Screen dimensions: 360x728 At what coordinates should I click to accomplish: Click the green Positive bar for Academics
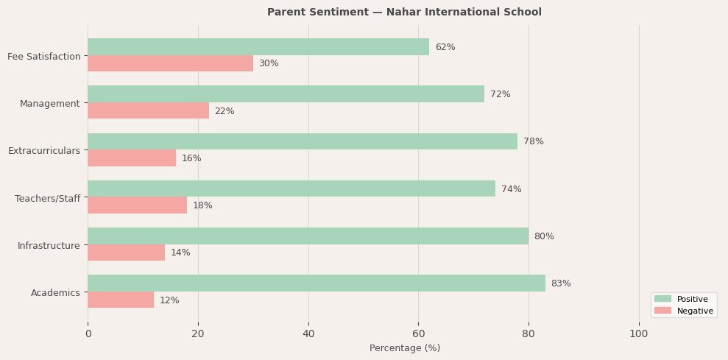(317, 283)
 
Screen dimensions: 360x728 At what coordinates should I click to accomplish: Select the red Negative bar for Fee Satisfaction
(170, 64)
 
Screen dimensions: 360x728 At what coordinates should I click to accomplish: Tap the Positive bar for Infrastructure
(308, 236)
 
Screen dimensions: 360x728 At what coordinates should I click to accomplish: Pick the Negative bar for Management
(148, 111)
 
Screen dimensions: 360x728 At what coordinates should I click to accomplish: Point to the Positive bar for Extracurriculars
(303, 141)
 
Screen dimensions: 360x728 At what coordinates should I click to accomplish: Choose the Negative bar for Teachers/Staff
(137, 205)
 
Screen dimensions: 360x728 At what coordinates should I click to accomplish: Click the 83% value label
(561, 283)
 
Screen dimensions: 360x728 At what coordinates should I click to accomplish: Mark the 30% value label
(269, 64)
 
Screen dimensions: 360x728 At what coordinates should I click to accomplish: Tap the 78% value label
(534, 141)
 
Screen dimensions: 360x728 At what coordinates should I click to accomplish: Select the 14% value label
(180, 253)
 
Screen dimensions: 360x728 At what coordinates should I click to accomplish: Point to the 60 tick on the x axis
(418, 333)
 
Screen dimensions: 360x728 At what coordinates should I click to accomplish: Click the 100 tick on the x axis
(638, 333)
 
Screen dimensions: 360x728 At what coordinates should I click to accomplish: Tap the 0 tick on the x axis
(88, 333)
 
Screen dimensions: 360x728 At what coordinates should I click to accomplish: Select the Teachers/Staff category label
(47, 198)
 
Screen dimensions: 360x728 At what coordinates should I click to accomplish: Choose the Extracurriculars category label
(44, 151)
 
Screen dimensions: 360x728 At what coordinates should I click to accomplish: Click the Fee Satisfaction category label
(44, 57)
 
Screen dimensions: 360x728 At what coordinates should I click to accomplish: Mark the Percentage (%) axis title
(405, 348)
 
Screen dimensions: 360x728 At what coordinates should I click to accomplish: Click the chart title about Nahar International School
(404, 13)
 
